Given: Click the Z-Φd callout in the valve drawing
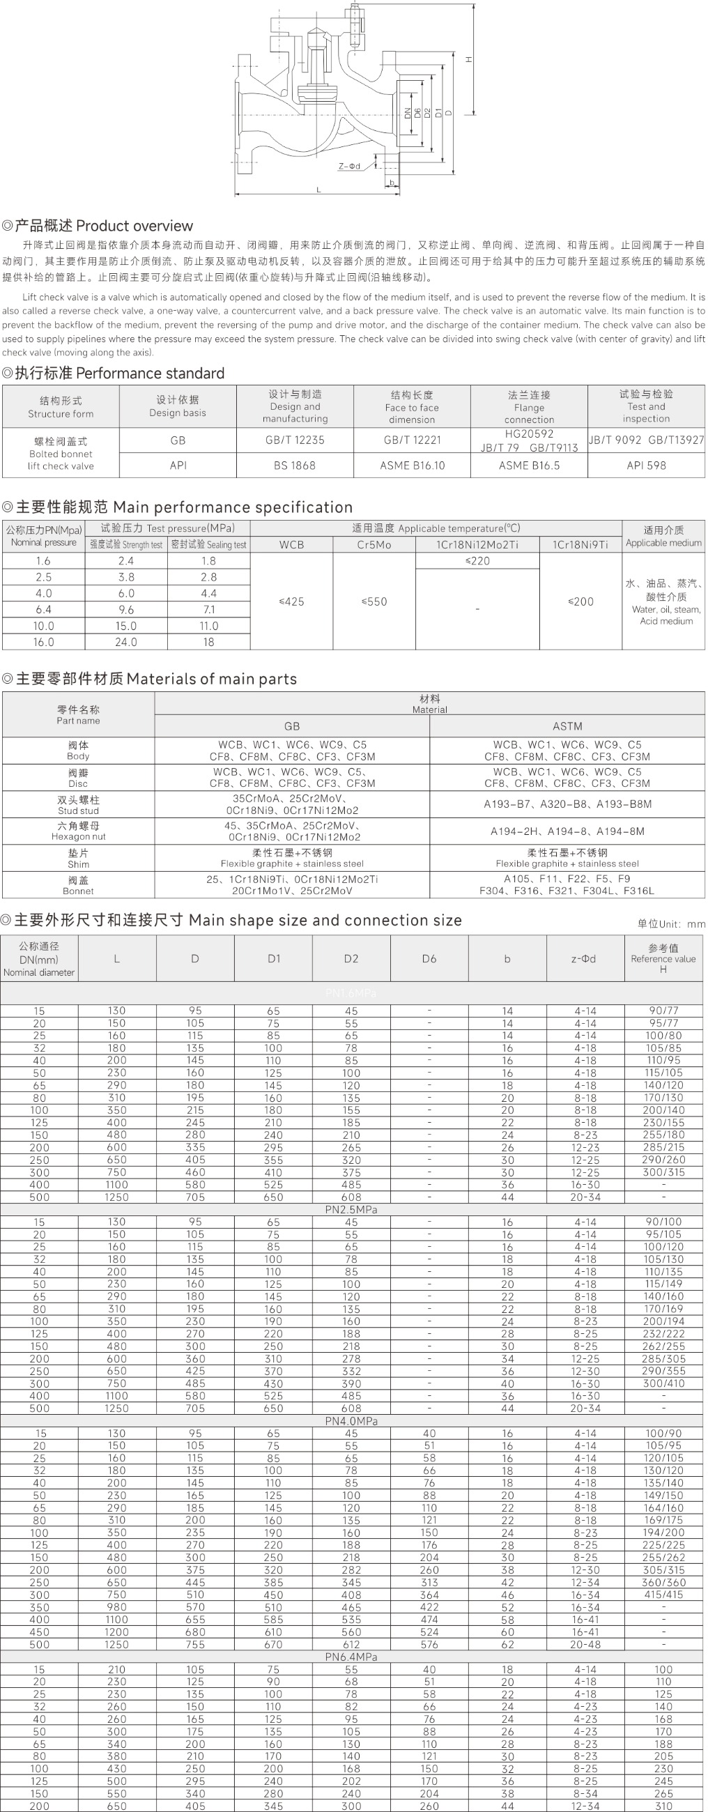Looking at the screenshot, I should pos(349,166).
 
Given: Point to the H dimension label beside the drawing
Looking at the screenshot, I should pos(468,60).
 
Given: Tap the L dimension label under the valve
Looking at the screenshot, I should pos(318,190).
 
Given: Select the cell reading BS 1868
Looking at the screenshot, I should pos(295,465).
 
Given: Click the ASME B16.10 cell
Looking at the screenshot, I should pos(412,465).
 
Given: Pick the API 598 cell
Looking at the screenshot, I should pos(646,465).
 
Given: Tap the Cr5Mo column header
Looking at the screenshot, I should pos(374,544).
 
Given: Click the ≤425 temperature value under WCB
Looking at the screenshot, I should pos(291,601).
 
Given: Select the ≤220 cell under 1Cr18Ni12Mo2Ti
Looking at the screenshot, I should pos(477,560).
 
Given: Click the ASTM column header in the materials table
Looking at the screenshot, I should pos(567,726).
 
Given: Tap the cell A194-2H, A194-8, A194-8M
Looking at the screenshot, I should pos(567,831).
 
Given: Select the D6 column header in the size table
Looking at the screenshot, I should pos(429,958).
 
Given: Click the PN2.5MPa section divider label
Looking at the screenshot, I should pos(351,1209).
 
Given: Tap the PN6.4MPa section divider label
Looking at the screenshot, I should pos(351,1657).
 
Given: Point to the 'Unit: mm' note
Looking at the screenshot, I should pos(671,923).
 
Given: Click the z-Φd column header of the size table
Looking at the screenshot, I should pos(583,958).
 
